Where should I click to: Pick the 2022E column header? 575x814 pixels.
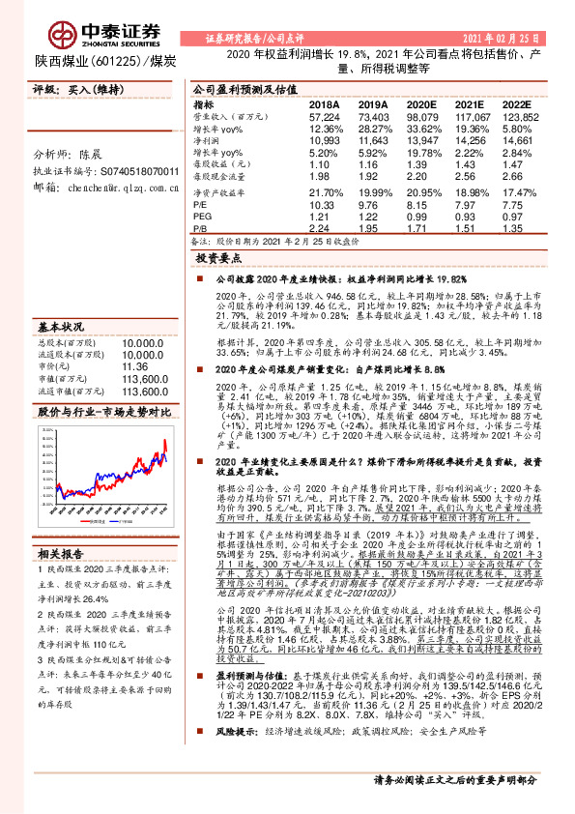[517, 103]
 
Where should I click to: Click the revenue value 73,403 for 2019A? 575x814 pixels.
[372, 115]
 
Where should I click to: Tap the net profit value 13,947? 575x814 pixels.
[420, 140]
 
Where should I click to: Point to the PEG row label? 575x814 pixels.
[201, 218]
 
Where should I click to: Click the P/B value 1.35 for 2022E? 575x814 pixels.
[518, 230]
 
